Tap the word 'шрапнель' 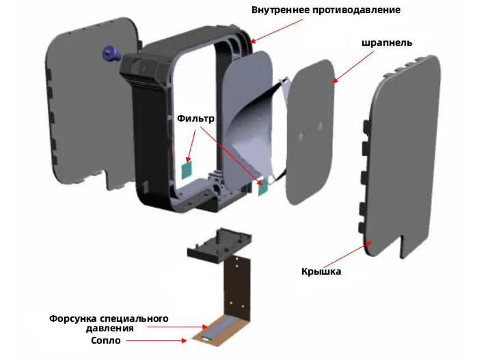[386, 42]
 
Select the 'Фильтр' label [196, 118]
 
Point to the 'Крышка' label [321, 271]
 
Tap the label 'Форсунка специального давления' [109, 323]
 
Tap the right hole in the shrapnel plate [319, 126]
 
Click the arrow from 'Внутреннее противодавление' [277, 31]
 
